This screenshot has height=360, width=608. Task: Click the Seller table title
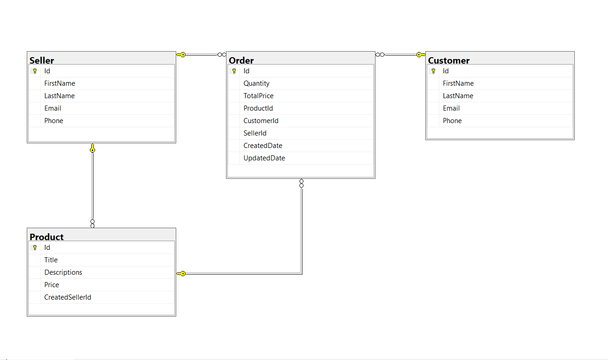42,60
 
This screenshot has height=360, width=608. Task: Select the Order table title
241,60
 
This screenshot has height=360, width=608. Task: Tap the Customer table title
449,60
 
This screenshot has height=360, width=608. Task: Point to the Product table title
47,237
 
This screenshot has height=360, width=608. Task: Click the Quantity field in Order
256,83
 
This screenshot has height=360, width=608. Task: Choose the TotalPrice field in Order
258,96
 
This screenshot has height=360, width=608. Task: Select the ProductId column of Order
258,108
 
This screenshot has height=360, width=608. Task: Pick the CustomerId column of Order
261,121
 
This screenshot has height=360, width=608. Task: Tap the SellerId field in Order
255,133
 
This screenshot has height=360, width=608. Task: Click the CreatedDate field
263,146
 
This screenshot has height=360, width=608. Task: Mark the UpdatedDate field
264,158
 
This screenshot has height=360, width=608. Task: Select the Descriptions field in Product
63,272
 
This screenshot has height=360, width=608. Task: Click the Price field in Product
52,285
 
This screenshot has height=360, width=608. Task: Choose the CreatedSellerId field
68,297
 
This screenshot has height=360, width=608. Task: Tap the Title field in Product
51,260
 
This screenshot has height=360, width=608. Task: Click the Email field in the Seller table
53,108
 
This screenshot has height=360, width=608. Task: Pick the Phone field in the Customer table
452,121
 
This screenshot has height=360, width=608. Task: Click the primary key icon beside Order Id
234,71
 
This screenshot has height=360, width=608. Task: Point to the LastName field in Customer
458,96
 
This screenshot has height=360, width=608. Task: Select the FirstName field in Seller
60,83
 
